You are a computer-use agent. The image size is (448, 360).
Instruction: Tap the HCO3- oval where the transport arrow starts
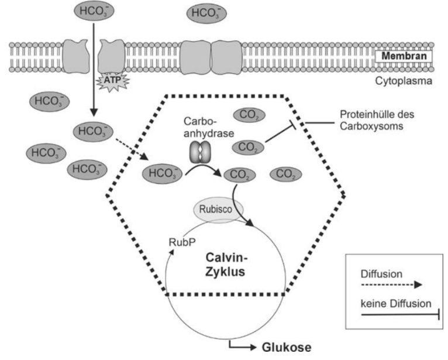91,11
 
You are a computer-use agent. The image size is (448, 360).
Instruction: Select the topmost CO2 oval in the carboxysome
250,115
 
